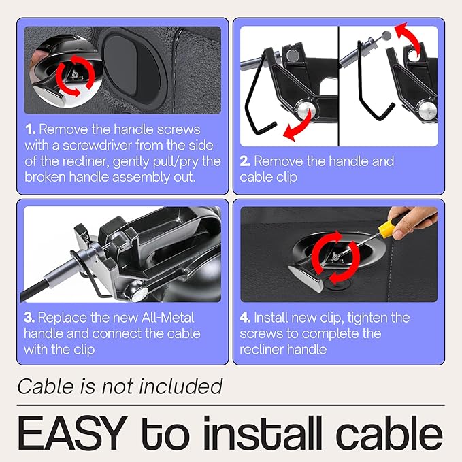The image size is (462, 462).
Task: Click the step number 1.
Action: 31,129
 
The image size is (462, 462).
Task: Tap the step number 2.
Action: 245,161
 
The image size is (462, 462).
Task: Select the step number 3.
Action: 29,317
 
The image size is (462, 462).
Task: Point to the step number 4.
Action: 245,317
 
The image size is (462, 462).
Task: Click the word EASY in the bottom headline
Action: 73,433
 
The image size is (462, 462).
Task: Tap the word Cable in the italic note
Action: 46,386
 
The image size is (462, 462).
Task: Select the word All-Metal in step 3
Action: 167,317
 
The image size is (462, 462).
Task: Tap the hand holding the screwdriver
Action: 412,220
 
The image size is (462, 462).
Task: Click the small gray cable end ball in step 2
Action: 386,36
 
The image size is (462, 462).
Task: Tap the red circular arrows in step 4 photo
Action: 336,257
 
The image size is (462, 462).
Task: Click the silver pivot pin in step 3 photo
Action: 139,294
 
